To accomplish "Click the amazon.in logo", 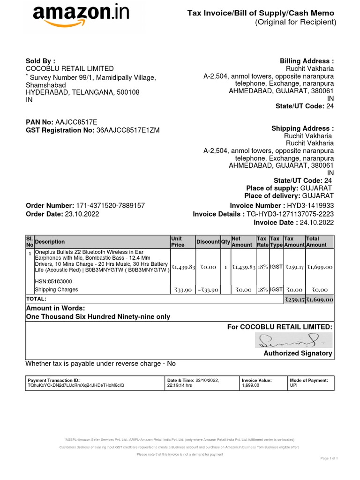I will click(81, 17).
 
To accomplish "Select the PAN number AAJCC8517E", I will click(76, 122).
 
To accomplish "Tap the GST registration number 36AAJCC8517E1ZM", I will click(128, 130).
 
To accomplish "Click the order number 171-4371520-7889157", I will click(110, 206).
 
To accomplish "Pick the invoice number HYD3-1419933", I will click(310, 206).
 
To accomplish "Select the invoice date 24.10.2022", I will click(315, 222).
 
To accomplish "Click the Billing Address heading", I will click(307, 61).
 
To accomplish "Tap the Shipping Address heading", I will click(302, 128).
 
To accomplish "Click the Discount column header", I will click(208, 242).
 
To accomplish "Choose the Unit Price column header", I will click(177, 242).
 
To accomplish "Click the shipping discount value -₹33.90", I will click(207, 290).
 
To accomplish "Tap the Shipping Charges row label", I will click(57, 290).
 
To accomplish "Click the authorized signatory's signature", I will click(293, 341).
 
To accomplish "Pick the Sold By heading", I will click(40, 61).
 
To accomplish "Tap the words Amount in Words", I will click(55, 308).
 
